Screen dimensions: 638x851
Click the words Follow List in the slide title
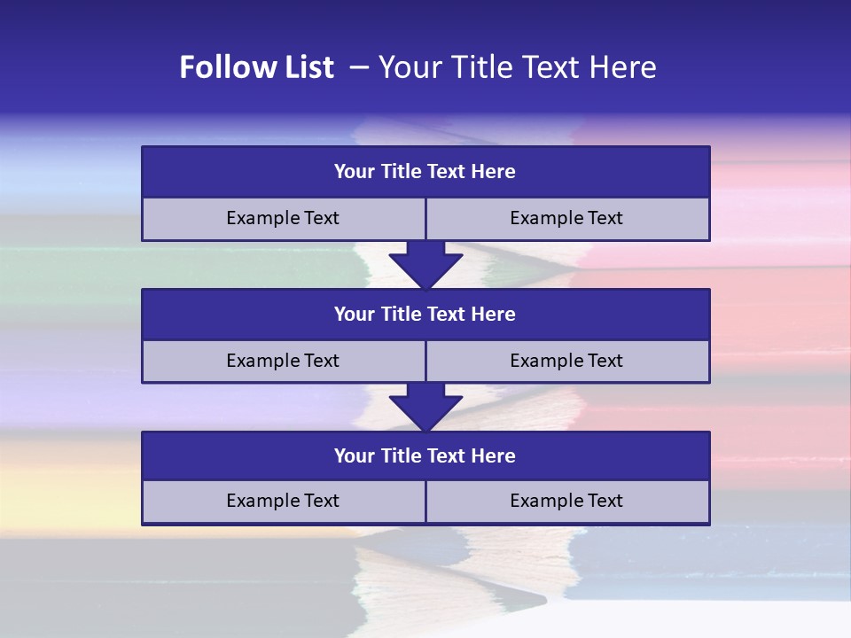coord(256,67)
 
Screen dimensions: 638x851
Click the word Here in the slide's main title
coord(625,67)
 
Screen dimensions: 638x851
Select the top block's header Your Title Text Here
coord(425,172)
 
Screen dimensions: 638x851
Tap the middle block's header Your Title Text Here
coord(425,314)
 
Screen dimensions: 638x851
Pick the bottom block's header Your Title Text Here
coord(425,455)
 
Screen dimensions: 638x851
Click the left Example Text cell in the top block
coord(283,218)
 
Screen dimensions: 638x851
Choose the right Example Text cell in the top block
coord(566,218)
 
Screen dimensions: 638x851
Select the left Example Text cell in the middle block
coord(283,361)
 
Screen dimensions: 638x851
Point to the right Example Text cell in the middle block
coord(566,361)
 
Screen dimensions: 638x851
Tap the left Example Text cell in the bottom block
coord(283,501)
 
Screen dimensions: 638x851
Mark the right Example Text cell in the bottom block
coord(566,501)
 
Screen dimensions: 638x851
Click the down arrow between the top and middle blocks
coord(425,265)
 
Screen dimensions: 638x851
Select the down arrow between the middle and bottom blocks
coord(425,407)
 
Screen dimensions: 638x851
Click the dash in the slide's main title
coord(360,67)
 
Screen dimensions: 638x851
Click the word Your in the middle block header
coord(355,314)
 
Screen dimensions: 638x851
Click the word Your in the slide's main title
coord(406,67)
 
